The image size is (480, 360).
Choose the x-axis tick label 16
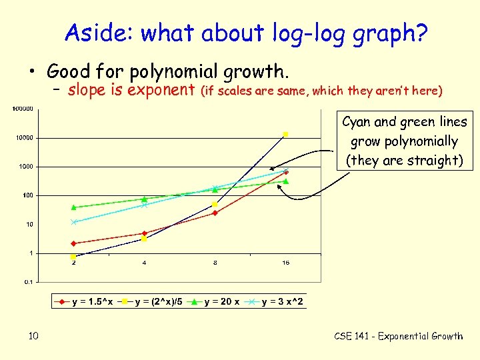(285, 263)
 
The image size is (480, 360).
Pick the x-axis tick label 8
(215, 263)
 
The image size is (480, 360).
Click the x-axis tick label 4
(144, 263)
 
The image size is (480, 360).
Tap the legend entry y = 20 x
(216, 302)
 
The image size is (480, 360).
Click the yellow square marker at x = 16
(286, 134)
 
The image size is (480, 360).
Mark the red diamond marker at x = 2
(73, 243)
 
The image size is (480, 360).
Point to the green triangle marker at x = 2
(73, 207)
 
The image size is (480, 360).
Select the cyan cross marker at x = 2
(73, 222)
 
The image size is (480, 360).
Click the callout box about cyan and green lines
(405, 141)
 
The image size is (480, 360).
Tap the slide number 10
(33, 336)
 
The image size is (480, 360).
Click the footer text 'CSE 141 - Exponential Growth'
(398, 336)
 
